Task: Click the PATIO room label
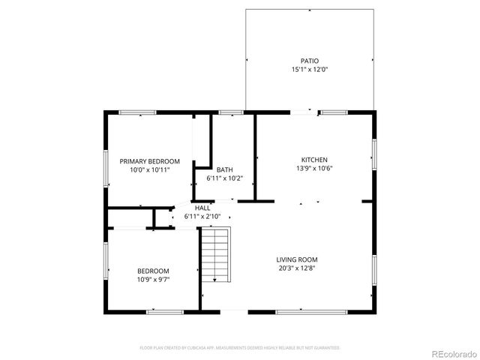[310, 61]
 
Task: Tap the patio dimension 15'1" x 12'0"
[310, 70]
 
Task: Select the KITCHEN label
[314, 160]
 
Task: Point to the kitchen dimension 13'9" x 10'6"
[314, 169]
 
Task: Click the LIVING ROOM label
[296, 259]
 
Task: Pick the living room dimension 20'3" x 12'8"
[296, 268]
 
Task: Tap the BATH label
[225, 169]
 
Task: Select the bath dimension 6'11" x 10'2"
[225, 178]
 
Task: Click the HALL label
[202, 208]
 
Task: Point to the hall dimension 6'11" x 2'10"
[202, 217]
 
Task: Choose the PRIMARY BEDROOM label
[150, 161]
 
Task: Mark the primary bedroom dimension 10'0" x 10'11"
[150, 170]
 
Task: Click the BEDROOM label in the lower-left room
[153, 271]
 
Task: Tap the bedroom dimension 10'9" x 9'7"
[153, 280]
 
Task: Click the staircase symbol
[215, 255]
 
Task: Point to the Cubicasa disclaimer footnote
[240, 348]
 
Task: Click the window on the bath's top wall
[231, 112]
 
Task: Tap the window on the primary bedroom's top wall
[137, 112]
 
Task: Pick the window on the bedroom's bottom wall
[165, 310]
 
